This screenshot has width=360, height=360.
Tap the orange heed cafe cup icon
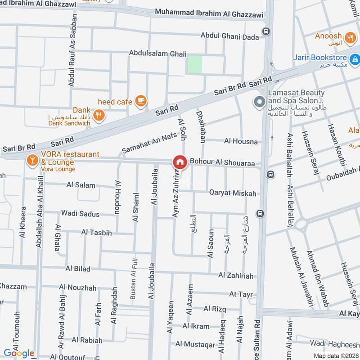coord(141,100)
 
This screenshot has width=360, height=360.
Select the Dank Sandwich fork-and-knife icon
coord(99,115)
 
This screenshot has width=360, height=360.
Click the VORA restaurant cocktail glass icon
coord(32,159)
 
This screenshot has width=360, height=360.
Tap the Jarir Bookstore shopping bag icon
coord(355,58)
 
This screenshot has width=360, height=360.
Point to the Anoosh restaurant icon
coord(350,36)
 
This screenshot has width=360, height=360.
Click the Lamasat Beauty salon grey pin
coord(259,102)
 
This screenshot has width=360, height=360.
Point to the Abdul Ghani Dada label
coord(229,36)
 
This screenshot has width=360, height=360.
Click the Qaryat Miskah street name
coord(232,193)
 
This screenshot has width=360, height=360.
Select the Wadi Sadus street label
coord(80,213)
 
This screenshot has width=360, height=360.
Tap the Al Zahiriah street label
coord(236,275)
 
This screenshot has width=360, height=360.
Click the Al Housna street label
coord(241,141)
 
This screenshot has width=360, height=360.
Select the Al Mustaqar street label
coord(195,345)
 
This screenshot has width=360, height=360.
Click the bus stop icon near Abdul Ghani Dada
coord(266,31)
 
